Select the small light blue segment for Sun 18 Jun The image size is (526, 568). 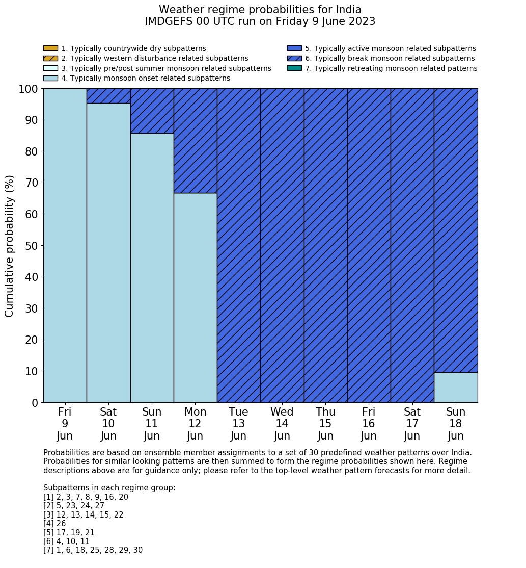coord(456,388)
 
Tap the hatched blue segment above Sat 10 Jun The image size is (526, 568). coord(108,96)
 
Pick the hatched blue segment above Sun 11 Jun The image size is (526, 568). coord(152,111)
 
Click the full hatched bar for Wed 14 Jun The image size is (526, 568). coord(282,245)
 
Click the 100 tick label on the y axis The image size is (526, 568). coord(28,89)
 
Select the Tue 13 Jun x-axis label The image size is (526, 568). coord(238,424)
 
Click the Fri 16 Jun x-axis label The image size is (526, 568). coord(369,424)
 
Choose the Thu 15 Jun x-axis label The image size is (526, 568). coord(325,424)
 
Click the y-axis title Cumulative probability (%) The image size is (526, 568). coord(10,246)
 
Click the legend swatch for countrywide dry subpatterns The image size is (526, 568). coord(50,48)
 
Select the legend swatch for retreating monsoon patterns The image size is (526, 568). coord(294,68)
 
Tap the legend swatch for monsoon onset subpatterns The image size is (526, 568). coord(50,78)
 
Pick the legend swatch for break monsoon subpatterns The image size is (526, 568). coord(294,59)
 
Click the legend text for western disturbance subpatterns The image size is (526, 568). coord(155,59)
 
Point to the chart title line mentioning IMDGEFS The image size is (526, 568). coord(260,21)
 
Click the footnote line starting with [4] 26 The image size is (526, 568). coord(54,524)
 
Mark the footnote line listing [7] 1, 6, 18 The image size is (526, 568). coord(93,550)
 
